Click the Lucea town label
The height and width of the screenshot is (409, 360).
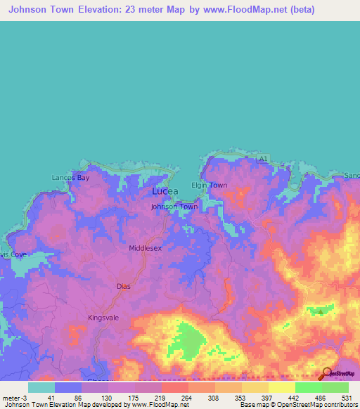[165, 191]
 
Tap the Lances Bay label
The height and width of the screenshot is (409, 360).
[71, 178]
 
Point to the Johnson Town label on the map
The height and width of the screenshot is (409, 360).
[174, 207]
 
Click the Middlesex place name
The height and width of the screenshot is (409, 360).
[146, 248]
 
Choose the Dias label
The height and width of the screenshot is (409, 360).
[123, 286]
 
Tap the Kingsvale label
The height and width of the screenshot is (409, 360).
[105, 318]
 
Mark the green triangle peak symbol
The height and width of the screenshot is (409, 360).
[321, 311]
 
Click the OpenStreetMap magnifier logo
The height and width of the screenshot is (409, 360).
[327, 372]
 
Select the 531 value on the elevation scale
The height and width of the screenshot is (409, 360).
[345, 397]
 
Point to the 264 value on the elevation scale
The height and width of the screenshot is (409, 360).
[185, 397]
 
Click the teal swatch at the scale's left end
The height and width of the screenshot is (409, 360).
[41, 387]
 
